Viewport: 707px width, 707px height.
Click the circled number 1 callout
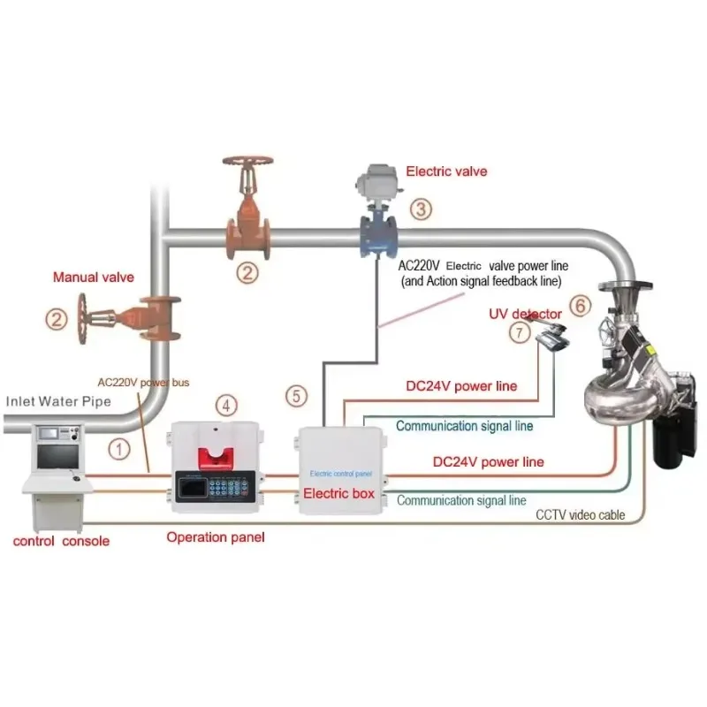point(118,448)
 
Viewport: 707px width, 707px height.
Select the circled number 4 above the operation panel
point(227,406)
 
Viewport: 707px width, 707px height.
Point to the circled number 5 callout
point(297,396)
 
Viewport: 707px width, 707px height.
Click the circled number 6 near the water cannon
point(580,306)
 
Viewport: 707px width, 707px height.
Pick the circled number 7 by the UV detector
point(520,332)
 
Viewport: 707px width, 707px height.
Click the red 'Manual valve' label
point(94,277)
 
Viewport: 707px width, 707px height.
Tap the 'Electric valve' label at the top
point(445,171)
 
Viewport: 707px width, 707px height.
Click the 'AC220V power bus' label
point(143,383)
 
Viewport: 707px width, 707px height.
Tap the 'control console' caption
point(61,540)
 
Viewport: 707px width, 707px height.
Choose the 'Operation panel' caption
point(216,536)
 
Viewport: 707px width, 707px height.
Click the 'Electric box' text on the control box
point(338,493)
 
